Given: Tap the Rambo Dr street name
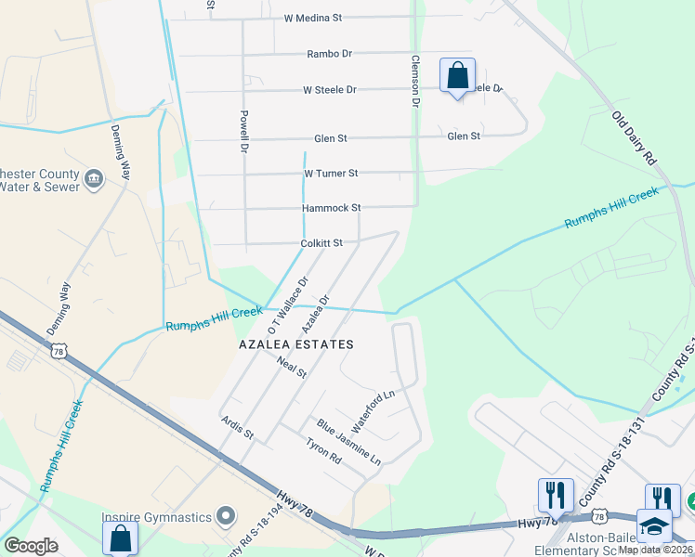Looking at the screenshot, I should [x=330, y=54].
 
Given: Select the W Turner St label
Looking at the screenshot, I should [x=331, y=174].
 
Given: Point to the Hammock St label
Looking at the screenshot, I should [x=331, y=208].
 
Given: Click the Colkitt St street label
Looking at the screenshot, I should [x=321, y=243].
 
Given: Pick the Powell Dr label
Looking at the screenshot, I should [x=243, y=132].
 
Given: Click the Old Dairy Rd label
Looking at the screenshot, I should [x=634, y=138].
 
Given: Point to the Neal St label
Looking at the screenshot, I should [x=291, y=368].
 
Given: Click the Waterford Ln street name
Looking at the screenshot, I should [x=374, y=406].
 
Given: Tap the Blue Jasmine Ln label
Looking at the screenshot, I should [x=349, y=442].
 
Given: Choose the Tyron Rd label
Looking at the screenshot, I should [x=323, y=451].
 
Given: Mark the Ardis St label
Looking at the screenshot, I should [x=237, y=428].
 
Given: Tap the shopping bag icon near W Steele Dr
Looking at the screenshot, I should [x=457, y=75].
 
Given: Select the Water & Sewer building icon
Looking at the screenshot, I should [x=93, y=177].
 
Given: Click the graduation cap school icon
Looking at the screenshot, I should [x=654, y=525].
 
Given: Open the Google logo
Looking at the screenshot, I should [x=32, y=546].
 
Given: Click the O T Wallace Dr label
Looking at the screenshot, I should [x=288, y=304].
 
